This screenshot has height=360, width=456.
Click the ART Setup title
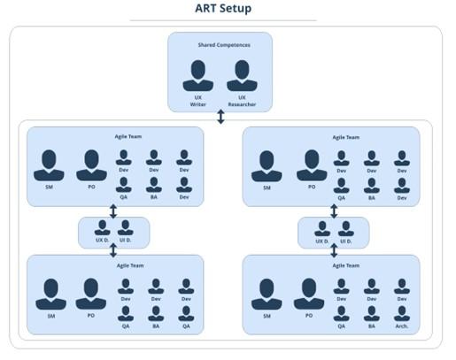(223, 8)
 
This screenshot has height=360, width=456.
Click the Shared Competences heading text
(224, 45)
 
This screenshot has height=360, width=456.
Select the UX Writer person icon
(198, 75)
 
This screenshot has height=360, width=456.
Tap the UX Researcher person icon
(242, 75)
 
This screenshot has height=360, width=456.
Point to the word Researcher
(242, 104)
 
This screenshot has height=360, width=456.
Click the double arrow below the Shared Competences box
(220, 117)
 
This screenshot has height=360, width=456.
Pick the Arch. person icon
(402, 313)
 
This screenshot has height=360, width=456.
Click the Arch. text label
(402, 326)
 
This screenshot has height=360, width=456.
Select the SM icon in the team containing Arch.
(267, 295)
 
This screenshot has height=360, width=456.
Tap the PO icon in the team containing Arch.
(309, 294)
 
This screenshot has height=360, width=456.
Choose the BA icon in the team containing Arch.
(372, 313)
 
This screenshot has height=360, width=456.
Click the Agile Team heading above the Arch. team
(346, 265)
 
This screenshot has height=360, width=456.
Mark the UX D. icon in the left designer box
(103, 227)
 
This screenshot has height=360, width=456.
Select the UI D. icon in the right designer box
(346, 229)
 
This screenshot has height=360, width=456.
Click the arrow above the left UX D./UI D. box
(113, 211)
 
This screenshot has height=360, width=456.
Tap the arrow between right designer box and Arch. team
(334, 250)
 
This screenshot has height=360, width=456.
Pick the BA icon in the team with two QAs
(156, 313)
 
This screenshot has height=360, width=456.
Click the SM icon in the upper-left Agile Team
(49, 165)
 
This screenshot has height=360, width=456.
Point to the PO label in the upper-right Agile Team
(312, 187)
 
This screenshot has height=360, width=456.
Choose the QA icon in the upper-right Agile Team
(342, 186)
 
